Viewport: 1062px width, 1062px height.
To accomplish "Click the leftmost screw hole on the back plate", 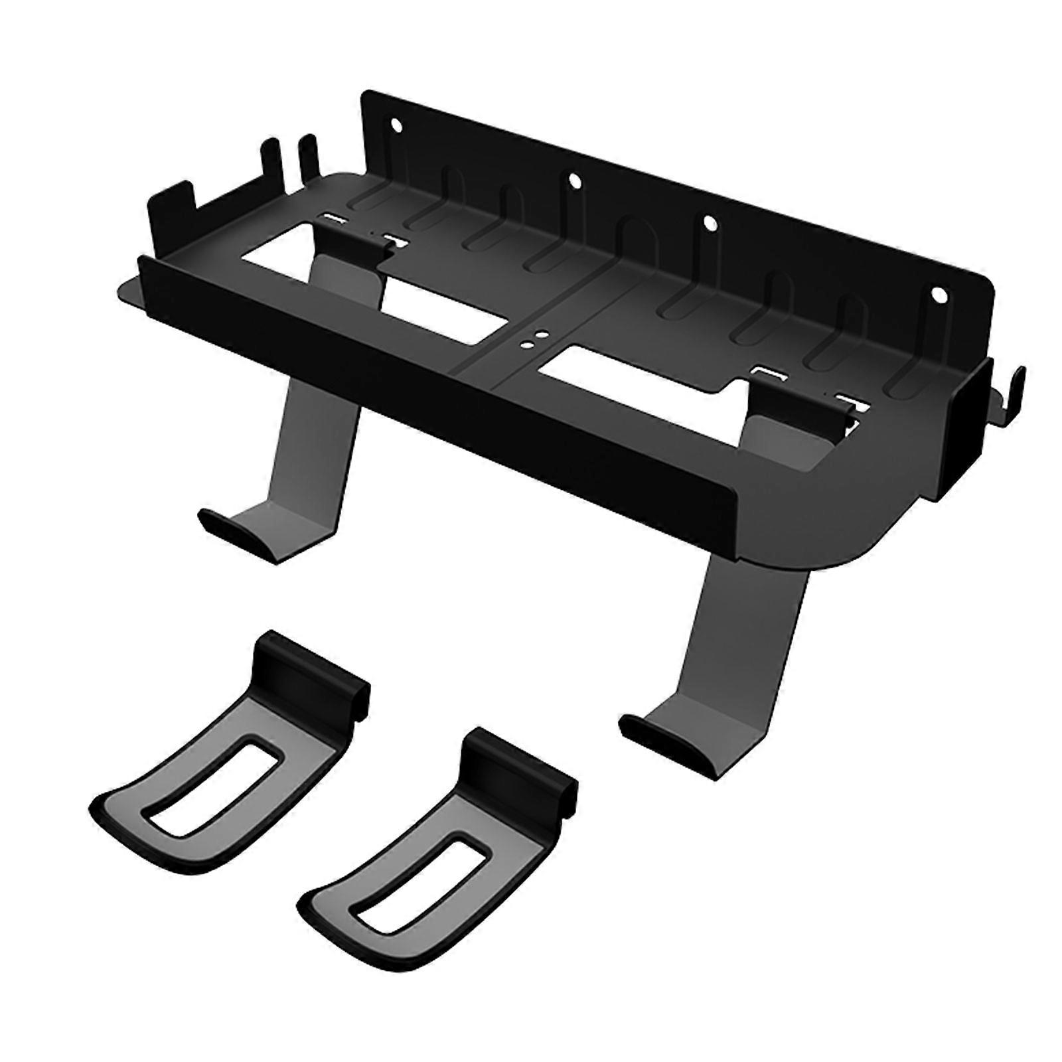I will (x=396, y=125).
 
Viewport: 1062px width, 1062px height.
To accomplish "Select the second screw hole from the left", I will (x=571, y=179).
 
